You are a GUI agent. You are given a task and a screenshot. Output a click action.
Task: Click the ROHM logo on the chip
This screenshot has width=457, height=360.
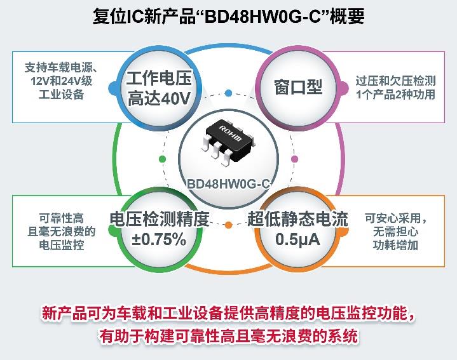[x=231, y=133]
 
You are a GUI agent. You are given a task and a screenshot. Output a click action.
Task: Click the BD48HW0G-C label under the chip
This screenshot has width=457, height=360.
[x=229, y=184]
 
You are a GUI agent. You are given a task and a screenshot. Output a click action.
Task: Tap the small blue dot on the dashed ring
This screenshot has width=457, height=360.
[x=229, y=93]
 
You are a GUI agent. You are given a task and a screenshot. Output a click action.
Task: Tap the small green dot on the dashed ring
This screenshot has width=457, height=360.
[x=162, y=159]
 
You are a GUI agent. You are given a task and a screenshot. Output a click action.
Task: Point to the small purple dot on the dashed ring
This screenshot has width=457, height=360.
[x=295, y=159]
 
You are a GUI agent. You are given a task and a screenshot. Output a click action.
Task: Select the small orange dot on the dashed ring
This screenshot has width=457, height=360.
[x=229, y=225]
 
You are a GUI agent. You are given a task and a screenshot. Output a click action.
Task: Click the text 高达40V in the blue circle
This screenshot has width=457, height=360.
[x=159, y=98]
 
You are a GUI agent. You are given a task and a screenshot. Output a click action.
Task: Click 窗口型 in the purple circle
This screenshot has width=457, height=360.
[x=298, y=87]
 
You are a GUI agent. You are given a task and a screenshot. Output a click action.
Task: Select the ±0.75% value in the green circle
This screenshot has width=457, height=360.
[x=159, y=239]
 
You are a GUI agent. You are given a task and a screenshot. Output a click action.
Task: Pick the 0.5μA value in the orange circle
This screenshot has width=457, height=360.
[x=297, y=239]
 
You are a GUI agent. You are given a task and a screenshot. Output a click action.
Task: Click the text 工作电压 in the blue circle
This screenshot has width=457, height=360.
[x=159, y=79]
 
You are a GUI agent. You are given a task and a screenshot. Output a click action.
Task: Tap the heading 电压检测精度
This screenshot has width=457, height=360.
[x=160, y=219]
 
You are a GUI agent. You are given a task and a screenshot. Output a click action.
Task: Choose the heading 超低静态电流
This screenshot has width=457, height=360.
[x=297, y=219]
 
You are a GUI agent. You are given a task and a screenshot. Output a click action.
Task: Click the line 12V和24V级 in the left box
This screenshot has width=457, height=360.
[x=62, y=81]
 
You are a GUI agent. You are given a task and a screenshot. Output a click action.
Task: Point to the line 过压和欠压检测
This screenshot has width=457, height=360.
[x=395, y=81]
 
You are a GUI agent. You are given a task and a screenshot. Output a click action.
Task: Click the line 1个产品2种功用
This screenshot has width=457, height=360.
[x=395, y=95]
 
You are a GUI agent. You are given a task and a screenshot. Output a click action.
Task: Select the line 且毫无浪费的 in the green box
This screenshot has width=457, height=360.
[x=62, y=232]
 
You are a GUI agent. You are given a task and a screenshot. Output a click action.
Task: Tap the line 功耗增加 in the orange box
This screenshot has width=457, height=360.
[x=395, y=245]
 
